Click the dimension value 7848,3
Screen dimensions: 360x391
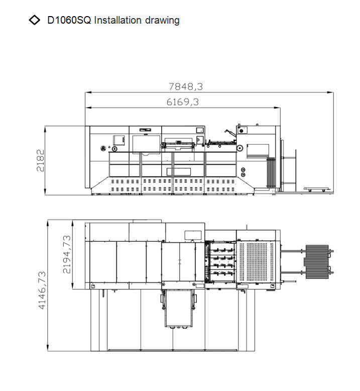coord(186,86)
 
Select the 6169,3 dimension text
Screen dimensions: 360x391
coord(183,102)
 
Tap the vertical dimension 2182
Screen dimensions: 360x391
coord(40,160)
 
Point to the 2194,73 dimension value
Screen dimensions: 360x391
coord(67,254)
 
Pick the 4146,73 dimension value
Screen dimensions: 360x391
coord(42,290)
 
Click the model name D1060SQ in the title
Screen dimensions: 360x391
coord(69,20)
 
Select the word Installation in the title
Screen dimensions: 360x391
coord(118,20)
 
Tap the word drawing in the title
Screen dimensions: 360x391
coord(162,21)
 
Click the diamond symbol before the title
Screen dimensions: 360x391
coord(34,20)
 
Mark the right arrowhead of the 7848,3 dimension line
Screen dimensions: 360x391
coord(330,92)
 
